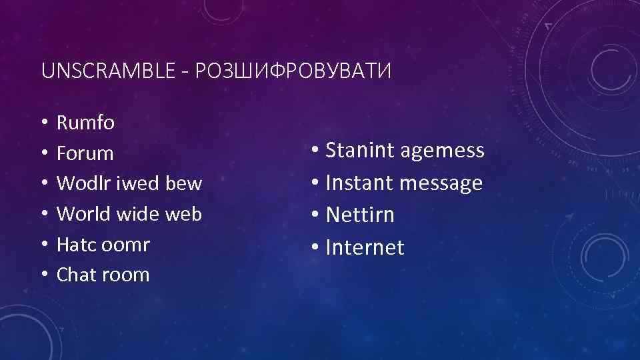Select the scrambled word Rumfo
pos(85,123)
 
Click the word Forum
pos(85,153)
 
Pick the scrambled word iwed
pos(134,183)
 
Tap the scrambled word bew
pos(183,183)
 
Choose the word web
pos(183,213)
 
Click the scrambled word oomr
pos(125,244)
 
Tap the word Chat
pos(77,274)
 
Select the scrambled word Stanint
pos(359,151)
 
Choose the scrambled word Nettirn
pos(360,215)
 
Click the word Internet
pos(365,247)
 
